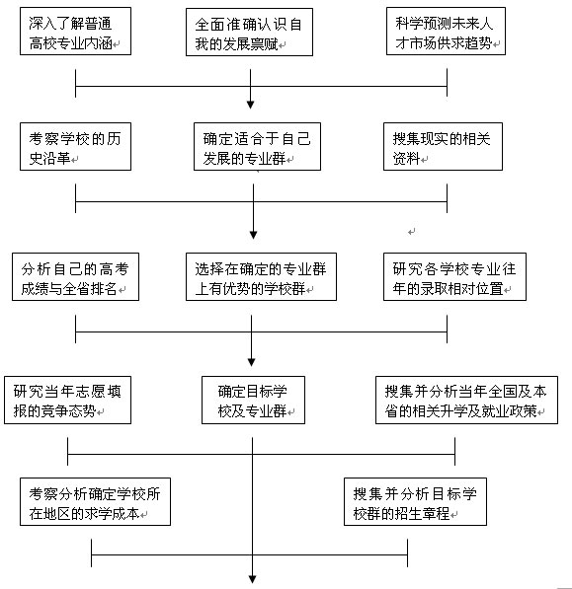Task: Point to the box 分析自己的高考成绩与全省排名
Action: (76, 277)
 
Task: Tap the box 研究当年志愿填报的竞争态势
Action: (66, 400)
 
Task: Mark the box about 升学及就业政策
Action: (458, 400)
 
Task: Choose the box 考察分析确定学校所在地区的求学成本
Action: (93, 503)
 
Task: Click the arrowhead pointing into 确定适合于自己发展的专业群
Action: (252, 103)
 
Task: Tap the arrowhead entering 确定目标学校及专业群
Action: (252, 362)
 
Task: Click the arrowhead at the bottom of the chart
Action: (260, 582)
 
